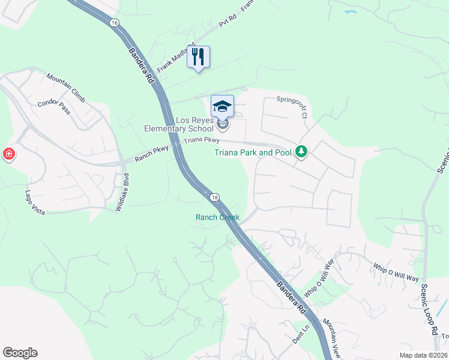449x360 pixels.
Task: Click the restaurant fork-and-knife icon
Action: click(x=199, y=58)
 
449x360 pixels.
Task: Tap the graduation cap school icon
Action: click(x=222, y=106)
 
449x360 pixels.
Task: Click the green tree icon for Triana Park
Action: click(x=301, y=152)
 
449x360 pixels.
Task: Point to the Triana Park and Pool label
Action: click(x=253, y=152)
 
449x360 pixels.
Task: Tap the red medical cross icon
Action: click(x=9, y=154)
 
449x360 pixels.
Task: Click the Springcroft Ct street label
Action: click(x=295, y=100)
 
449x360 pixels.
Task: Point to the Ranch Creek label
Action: click(x=217, y=217)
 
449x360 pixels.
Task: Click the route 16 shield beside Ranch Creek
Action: click(x=214, y=197)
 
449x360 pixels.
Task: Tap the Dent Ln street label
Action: click(x=300, y=335)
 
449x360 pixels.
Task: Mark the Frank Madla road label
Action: click(x=173, y=59)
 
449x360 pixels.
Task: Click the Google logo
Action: click(x=20, y=353)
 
